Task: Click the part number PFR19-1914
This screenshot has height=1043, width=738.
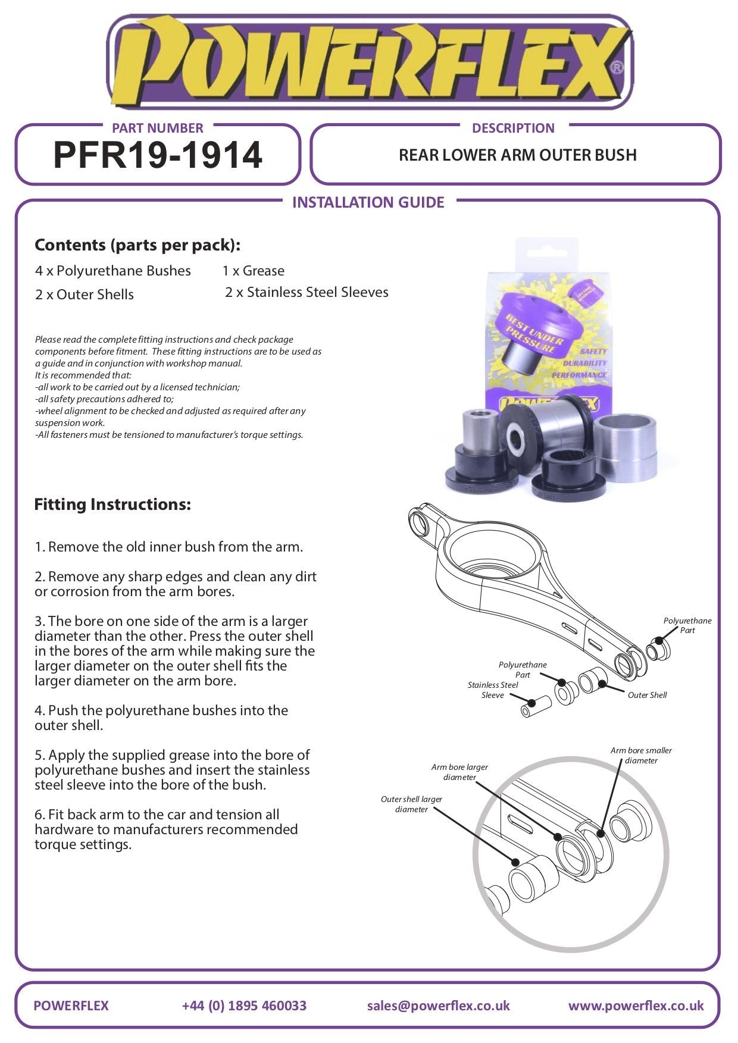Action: [158, 155]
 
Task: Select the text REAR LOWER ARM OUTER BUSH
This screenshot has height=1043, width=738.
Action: [517, 155]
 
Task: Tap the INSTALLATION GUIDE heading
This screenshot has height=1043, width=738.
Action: [368, 203]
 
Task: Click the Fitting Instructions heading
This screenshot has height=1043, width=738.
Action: [112, 505]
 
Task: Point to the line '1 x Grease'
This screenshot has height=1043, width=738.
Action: [253, 271]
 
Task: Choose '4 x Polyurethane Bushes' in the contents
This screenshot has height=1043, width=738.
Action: [112, 271]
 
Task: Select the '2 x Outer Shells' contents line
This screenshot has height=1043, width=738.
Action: [84, 295]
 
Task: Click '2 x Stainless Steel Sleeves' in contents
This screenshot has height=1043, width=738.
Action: [307, 292]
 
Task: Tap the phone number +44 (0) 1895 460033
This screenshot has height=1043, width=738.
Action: [244, 1006]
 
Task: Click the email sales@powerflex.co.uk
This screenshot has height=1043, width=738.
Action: [438, 1006]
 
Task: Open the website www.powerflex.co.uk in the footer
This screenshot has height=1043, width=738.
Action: [636, 1006]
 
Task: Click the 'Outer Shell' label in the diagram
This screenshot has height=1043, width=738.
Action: [647, 695]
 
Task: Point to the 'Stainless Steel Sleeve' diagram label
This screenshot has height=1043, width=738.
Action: [493, 690]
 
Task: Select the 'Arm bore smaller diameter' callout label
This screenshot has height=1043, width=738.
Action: [641, 756]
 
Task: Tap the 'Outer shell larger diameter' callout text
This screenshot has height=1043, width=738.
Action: [411, 804]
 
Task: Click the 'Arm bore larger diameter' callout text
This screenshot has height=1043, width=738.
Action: [459, 772]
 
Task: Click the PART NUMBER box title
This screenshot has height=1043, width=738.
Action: [157, 128]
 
